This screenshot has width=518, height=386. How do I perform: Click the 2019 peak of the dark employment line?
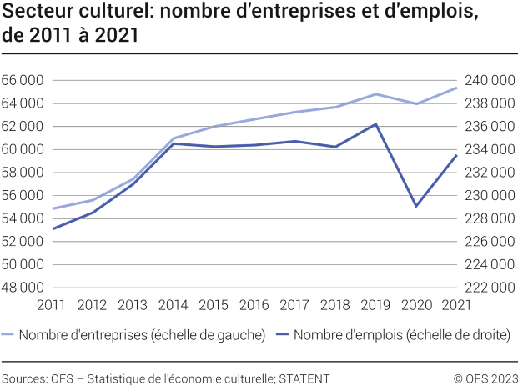375,124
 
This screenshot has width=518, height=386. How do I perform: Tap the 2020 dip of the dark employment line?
416,206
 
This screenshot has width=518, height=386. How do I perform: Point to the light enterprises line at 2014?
174,138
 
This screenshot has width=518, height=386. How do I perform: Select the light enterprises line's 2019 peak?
375,94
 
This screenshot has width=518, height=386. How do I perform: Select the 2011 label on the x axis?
52,305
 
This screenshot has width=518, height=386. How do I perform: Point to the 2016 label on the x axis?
254,305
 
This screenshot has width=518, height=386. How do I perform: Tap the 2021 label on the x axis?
455,305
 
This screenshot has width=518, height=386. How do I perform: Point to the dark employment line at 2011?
53,228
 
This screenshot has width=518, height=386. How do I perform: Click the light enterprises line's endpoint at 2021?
456,88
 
